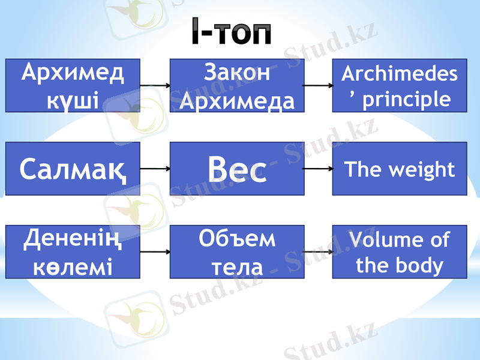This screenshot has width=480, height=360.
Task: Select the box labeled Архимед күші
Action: pos(73,85)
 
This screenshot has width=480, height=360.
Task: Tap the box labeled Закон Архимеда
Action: pos(237,85)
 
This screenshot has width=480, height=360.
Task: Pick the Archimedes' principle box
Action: pos(400,85)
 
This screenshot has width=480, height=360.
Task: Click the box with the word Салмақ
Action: pos(73,169)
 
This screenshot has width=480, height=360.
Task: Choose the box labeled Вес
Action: pos(237,169)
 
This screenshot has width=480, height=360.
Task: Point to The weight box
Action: pos(400,169)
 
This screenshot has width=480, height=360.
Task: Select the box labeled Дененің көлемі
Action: pos(73,251)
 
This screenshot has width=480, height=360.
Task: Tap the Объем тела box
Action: pos(237,251)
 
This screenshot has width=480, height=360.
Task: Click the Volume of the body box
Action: pos(400,251)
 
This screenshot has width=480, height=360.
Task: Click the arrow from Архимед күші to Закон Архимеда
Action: pos(155,86)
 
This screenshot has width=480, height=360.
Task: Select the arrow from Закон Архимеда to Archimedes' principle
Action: pos(318,86)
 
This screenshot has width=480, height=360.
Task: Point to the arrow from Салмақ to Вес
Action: pos(155,169)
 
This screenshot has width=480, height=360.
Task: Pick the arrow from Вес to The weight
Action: pos(318,169)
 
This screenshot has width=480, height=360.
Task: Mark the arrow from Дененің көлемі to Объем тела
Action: pos(155,252)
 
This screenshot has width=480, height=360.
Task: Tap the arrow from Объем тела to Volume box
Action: pos(318,252)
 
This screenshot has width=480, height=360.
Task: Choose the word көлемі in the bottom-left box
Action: pos(73,265)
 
